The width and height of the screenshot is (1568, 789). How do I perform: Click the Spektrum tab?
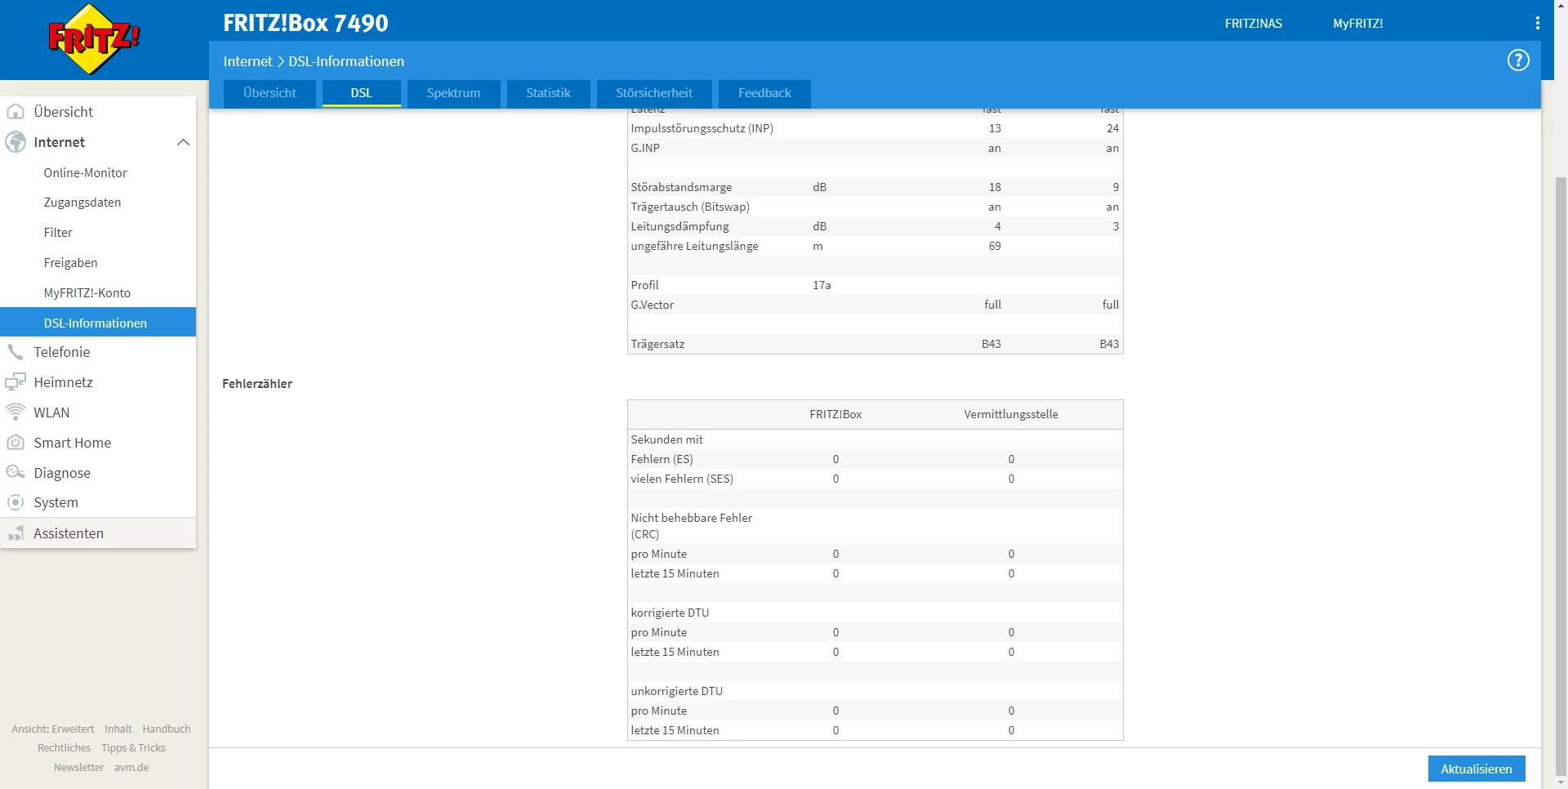[453, 93]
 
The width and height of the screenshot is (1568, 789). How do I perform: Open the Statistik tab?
[548, 93]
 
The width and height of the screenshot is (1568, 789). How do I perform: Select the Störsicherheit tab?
[653, 93]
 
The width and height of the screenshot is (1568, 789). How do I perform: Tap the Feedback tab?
[764, 93]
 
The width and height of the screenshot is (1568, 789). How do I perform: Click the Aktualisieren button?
[1476, 769]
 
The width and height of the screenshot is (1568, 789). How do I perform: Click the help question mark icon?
[1517, 60]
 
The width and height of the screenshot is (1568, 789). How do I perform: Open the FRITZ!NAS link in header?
[1253, 24]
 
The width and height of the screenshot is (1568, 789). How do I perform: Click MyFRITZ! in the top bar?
[1357, 24]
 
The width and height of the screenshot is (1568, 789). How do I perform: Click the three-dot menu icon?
[1537, 24]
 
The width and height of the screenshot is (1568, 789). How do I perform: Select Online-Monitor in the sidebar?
[86, 173]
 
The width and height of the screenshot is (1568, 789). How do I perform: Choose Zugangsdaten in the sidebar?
[82, 203]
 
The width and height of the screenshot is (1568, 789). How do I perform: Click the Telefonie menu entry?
[62, 352]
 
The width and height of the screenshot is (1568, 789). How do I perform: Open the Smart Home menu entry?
[72, 443]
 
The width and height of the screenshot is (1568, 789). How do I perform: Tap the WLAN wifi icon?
[16, 412]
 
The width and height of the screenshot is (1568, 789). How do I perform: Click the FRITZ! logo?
[94, 39]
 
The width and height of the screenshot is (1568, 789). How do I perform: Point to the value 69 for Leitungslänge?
[994, 246]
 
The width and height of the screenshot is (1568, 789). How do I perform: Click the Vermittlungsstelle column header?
[1010, 414]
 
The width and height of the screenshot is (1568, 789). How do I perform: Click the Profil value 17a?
[822, 285]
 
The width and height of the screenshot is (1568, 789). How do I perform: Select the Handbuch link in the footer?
[167, 729]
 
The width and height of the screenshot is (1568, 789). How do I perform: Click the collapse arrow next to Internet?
[183, 142]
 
